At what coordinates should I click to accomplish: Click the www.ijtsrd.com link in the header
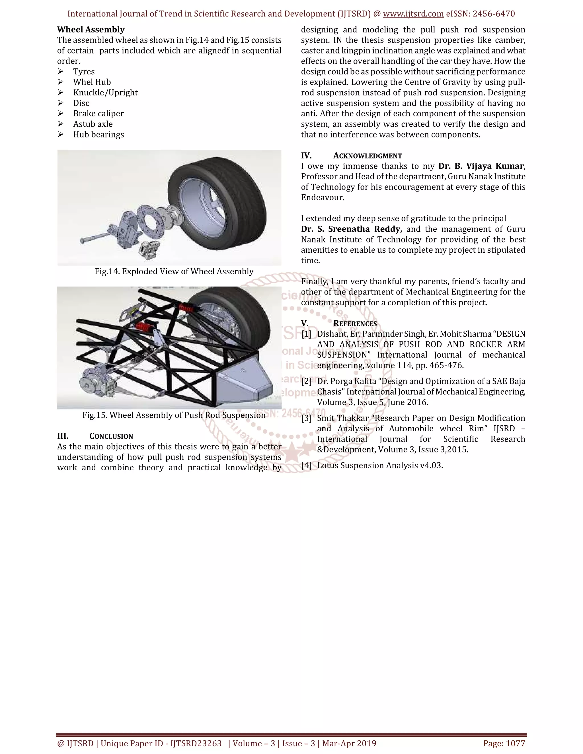pos(413,14)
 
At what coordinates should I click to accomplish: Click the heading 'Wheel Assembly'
pos(91,30)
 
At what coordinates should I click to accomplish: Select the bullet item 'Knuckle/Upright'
pos(105,92)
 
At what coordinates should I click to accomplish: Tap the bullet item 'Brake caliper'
pos(98,114)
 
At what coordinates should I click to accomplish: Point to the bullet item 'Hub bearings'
pos(98,135)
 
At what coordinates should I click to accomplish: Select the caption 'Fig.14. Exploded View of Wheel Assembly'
pos(174,272)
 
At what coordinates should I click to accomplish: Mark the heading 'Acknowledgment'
pos(368,156)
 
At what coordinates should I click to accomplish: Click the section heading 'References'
pos(355,324)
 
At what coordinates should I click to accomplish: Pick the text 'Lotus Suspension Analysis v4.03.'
pos(380,466)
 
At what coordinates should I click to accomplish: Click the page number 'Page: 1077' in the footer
pos(504,743)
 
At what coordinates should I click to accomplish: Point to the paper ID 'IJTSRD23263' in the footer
pos(196,743)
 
